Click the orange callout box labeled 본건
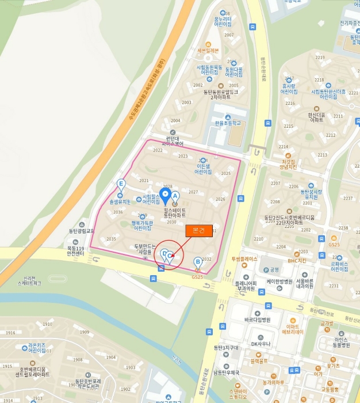tap(198, 230)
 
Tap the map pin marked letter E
tap(121, 185)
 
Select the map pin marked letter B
tap(198, 263)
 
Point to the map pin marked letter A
tap(175, 196)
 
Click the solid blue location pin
tap(164, 195)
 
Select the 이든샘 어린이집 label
tap(203, 169)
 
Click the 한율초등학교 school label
tap(228, 123)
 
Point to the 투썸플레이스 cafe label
tap(244, 259)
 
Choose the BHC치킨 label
tap(297, 260)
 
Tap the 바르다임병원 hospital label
tap(257, 319)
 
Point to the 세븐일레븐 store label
tap(208, 51)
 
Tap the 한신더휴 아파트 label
tap(316, 117)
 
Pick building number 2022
tap(158, 150)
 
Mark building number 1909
tap(85, 332)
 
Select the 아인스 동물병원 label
tap(342, 343)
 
